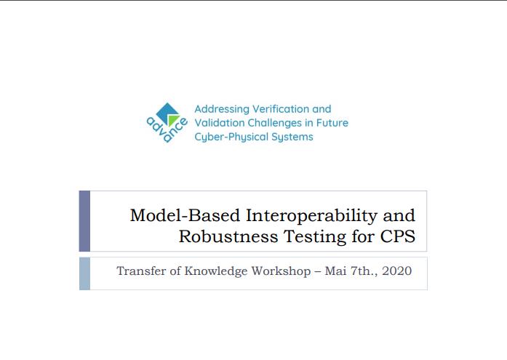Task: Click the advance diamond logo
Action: (x=167, y=123)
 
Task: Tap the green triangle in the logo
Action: (x=173, y=120)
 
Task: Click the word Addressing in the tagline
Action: (x=222, y=109)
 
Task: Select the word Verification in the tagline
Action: (x=281, y=109)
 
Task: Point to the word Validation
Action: (x=220, y=123)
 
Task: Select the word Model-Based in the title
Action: (x=185, y=215)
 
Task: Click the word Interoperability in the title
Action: (x=312, y=216)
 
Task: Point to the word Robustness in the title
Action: (x=228, y=236)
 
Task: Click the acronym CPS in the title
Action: (x=398, y=236)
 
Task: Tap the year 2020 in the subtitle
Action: (x=396, y=271)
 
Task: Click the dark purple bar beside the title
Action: (x=84, y=221)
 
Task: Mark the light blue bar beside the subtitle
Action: (x=84, y=273)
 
